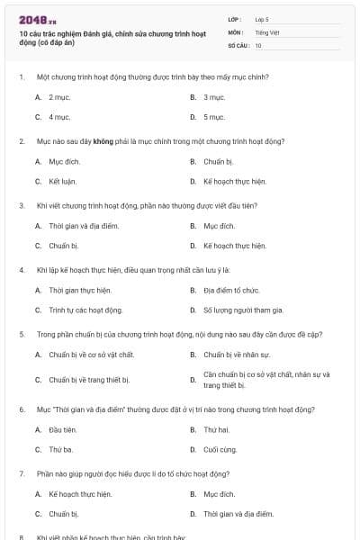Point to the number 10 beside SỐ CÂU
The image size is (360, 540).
[x=258, y=45]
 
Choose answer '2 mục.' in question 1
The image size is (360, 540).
[x=59, y=96]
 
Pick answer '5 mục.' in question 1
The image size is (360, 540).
[x=214, y=117]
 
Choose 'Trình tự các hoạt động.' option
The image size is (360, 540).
[x=85, y=310]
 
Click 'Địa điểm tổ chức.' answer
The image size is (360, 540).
[x=231, y=291]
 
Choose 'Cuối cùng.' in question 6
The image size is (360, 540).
[x=220, y=449]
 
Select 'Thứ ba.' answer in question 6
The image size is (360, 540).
[x=60, y=449]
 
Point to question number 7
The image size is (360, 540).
[x=22, y=473]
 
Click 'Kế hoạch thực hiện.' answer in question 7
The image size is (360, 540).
[x=80, y=494]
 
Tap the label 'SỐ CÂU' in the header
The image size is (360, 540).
[x=238, y=45]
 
